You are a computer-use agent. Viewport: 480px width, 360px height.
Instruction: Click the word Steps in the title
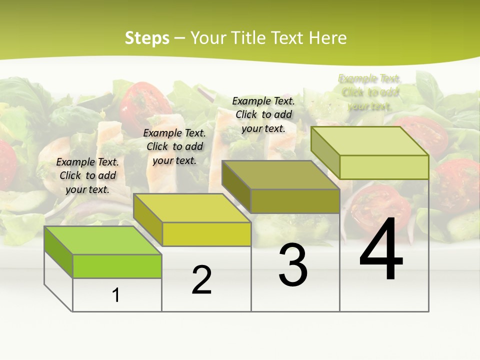point(147,38)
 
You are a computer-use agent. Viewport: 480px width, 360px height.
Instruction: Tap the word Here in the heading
point(327,38)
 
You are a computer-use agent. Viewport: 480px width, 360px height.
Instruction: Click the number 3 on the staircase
point(293,265)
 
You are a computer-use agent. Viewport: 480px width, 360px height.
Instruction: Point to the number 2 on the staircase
point(201,280)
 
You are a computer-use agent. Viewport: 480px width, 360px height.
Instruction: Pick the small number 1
point(116,295)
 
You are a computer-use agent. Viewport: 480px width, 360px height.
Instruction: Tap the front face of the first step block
point(117,266)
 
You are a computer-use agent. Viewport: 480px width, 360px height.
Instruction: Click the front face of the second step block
point(206,234)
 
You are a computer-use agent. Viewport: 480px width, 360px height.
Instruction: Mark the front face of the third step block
point(295,201)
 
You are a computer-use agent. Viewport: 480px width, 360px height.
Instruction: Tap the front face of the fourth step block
point(384,167)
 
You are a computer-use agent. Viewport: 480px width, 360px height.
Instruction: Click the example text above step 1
point(88,175)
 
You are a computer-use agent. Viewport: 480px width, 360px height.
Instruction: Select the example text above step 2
point(174,146)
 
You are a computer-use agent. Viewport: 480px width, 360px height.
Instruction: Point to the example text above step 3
point(263,114)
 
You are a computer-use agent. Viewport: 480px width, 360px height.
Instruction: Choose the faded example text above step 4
point(370,92)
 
